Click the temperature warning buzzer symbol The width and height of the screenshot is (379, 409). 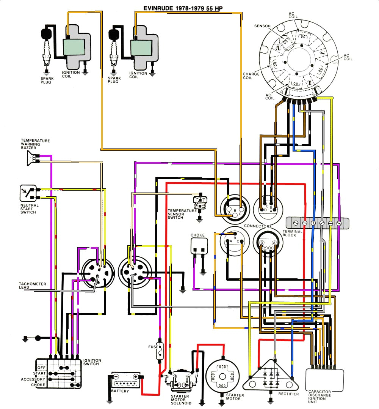click(x=32, y=159)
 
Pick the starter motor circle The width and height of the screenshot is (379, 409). click(x=222, y=375)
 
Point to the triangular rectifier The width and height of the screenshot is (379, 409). click(x=271, y=376)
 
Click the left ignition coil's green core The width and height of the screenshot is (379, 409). click(x=74, y=47)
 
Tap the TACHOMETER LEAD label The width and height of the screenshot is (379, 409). click(x=33, y=286)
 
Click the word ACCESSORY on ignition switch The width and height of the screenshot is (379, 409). click(x=33, y=379)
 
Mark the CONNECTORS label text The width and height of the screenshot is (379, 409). click(x=258, y=226)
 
